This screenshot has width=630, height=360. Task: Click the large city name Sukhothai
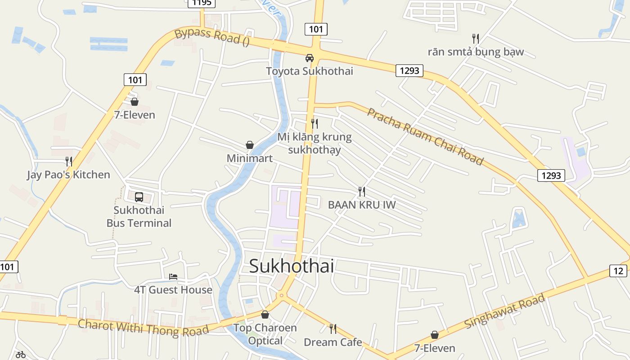(x=292, y=266)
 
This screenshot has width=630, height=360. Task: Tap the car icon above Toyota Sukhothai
(x=310, y=58)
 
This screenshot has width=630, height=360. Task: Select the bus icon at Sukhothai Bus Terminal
(x=139, y=197)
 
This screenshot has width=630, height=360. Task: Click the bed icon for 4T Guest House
(x=173, y=276)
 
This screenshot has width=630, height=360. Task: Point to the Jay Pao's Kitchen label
(x=68, y=175)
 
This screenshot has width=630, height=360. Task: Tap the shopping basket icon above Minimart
(x=250, y=145)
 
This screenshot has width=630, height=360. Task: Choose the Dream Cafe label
(x=333, y=342)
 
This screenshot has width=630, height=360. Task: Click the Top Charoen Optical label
(x=265, y=334)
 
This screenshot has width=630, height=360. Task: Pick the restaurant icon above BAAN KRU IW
(x=362, y=192)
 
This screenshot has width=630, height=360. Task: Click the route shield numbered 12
(x=618, y=271)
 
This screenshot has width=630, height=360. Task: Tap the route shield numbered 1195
(x=201, y=3)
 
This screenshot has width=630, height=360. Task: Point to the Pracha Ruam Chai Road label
(x=425, y=136)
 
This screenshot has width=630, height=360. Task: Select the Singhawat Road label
(x=505, y=311)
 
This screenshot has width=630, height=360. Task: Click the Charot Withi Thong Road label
(x=143, y=328)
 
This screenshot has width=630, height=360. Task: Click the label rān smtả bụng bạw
(x=476, y=52)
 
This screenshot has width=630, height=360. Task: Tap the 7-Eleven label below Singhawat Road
(x=435, y=348)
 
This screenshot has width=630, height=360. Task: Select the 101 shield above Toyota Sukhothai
(x=316, y=30)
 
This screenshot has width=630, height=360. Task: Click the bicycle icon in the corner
(x=21, y=355)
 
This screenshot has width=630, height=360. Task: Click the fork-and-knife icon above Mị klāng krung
(x=315, y=123)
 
